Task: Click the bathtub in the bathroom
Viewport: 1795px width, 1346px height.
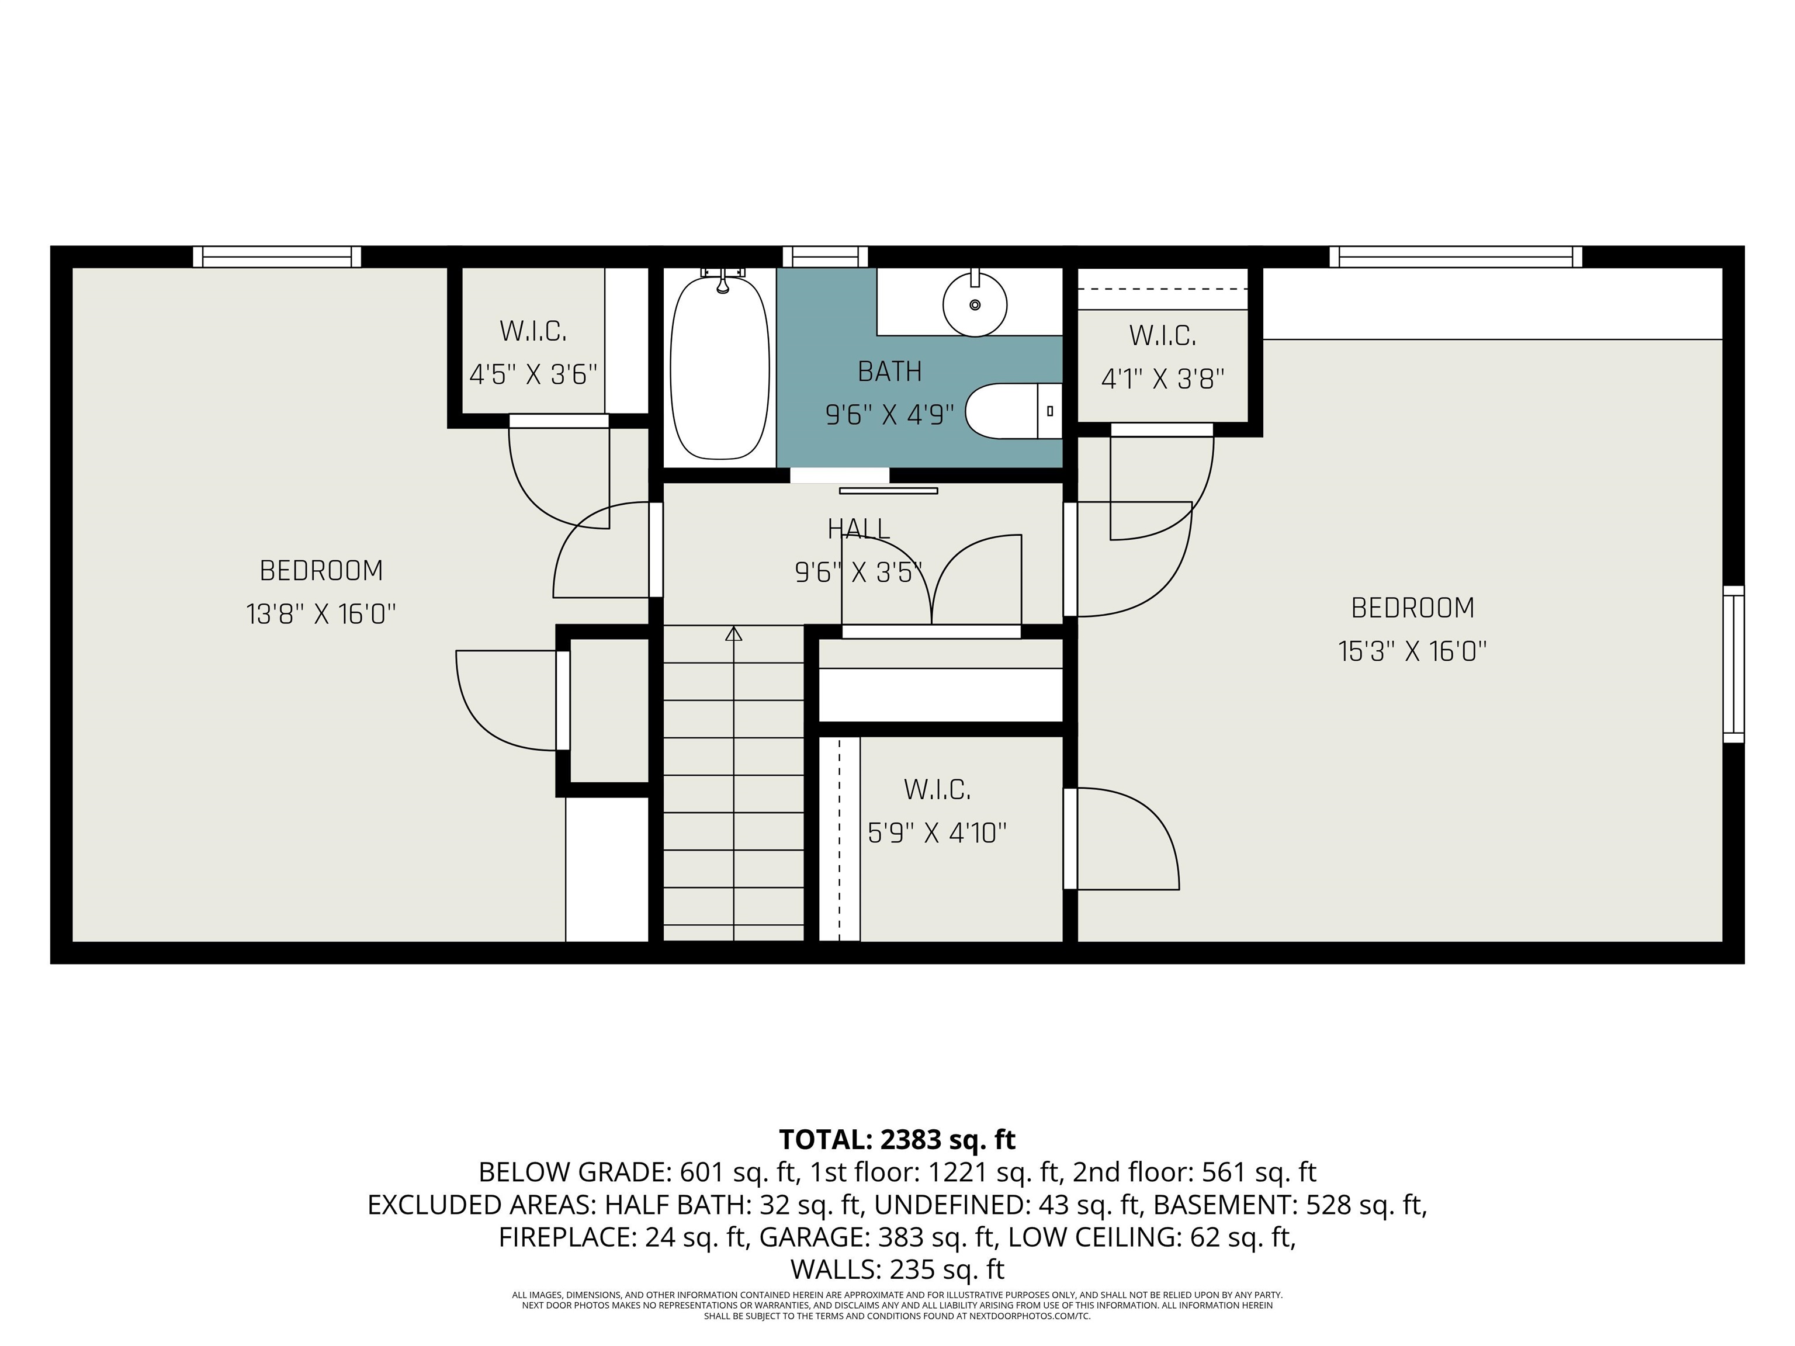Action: click(720, 367)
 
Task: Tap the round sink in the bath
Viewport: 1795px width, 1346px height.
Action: click(975, 304)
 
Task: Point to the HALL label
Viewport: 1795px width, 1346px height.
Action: click(858, 529)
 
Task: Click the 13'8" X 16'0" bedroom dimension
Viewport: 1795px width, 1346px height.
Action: click(321, 614)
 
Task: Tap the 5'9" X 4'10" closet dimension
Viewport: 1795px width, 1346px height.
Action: click(937, 832)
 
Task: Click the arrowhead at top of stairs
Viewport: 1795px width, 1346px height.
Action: click(733, 634)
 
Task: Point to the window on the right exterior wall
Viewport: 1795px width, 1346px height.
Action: click(1733, 664)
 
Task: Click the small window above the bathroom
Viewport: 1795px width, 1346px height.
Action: click(825, 256)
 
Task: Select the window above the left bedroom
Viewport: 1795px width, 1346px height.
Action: click(277, 256)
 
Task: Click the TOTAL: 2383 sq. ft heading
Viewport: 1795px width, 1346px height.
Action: click(897, 1139)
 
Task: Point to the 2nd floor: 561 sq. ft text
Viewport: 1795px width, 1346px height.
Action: click(1194, 1172)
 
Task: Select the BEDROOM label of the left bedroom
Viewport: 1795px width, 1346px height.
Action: click(321, 570)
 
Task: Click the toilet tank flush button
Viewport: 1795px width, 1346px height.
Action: click(1050, 411)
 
